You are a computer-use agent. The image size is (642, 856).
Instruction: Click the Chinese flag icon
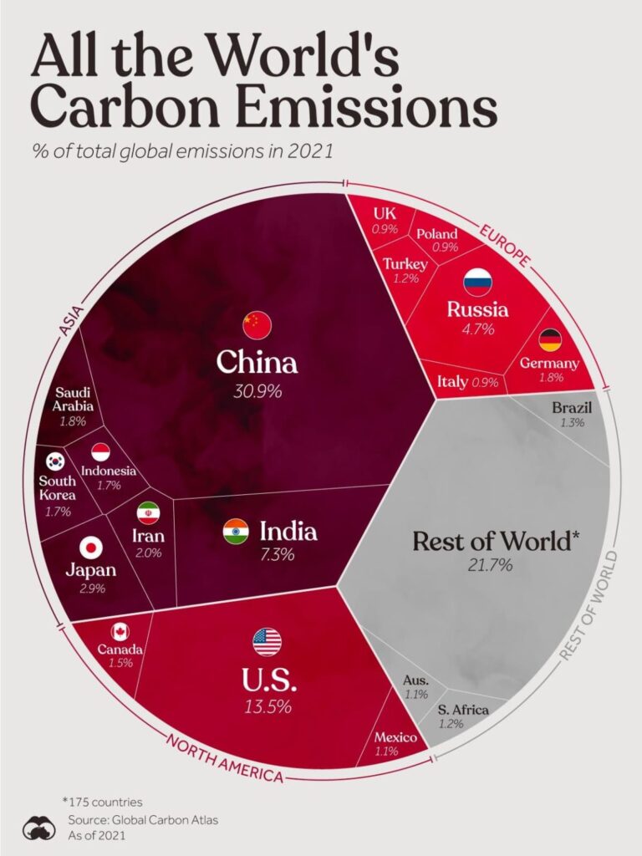257,324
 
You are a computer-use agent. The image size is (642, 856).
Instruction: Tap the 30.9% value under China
257,391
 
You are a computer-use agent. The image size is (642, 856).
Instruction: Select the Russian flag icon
477,282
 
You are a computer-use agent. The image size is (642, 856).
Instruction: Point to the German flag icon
549,339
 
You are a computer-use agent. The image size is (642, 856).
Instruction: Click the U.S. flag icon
267,642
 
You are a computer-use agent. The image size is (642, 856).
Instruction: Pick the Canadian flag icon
120,632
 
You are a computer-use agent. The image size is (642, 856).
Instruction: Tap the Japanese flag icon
90,548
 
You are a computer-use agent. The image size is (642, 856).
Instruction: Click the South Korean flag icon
56,461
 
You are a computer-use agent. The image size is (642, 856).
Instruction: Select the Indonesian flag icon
100,452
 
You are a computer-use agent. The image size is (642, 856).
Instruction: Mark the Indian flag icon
236,532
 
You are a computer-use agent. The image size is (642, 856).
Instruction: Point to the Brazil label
573,408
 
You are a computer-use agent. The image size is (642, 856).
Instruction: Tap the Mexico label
395,736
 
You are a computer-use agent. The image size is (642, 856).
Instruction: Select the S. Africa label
463,711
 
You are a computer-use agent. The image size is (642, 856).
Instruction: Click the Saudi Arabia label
74,400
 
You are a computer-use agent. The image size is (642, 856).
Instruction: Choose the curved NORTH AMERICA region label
223,757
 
